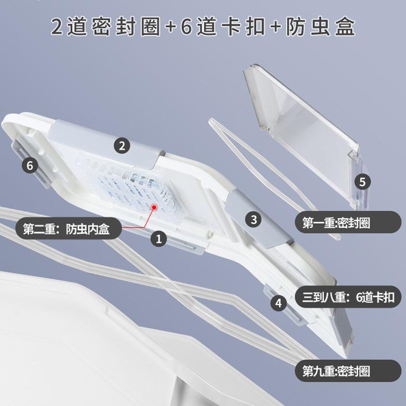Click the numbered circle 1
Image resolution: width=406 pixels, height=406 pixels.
point(159,238)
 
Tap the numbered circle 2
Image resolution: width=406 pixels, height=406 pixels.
point(122,146)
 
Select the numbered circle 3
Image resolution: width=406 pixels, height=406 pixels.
point(253,219)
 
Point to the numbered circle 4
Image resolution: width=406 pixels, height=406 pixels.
point(279,303)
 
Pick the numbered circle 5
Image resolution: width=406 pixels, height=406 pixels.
point(362,182)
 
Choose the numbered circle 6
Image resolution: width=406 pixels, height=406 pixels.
point(30,166)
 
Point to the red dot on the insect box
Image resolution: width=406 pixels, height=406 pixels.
point(154,207)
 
